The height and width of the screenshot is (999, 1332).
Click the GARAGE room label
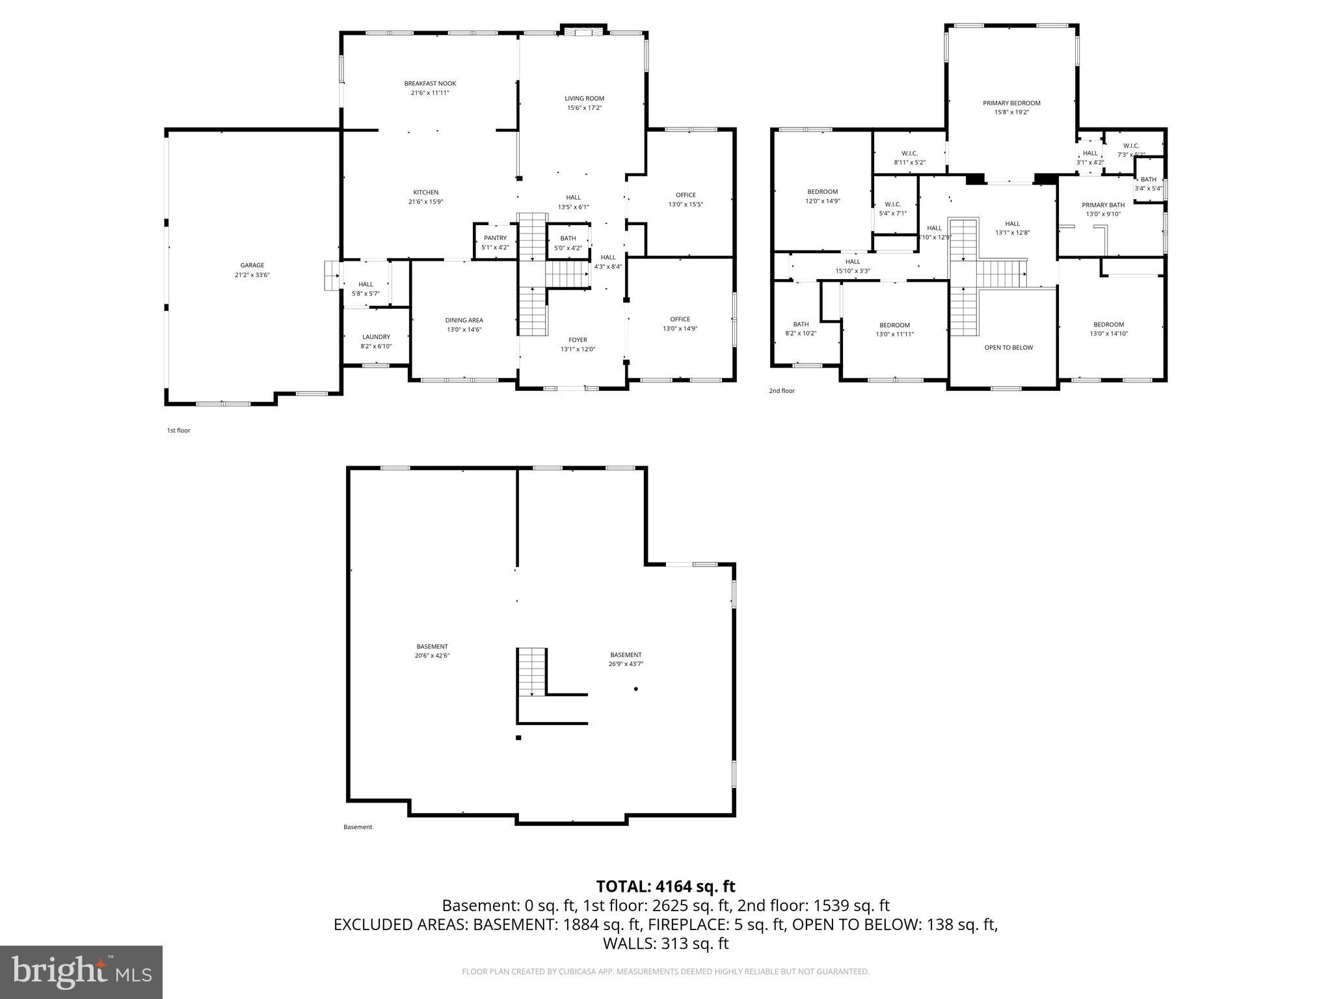(252, 265)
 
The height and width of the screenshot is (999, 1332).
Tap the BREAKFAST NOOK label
(430, 83)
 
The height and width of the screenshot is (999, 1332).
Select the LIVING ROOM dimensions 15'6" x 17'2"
(584, 108)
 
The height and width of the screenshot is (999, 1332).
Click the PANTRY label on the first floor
(495, 238)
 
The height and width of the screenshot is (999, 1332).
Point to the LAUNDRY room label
(376, 337)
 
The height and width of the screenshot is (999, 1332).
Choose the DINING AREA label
(464, 320)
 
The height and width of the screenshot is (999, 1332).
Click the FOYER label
(578, 340)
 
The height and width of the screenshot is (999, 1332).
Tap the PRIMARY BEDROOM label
(1011, 103)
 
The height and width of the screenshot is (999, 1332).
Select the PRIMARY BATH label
(1103, 205)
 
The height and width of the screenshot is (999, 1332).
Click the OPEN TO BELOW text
(1008, 347)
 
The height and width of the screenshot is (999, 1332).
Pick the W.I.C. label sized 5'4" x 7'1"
(892, 204)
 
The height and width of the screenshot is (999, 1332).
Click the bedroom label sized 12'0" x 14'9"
(823, 192)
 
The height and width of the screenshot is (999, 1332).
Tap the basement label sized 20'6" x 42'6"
(433, 646)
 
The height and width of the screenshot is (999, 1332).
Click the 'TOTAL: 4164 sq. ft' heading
(665, 886)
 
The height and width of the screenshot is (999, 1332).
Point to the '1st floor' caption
(179, 431)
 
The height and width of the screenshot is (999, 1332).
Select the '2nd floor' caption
(782, 391)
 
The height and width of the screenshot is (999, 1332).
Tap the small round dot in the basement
(636, 689)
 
